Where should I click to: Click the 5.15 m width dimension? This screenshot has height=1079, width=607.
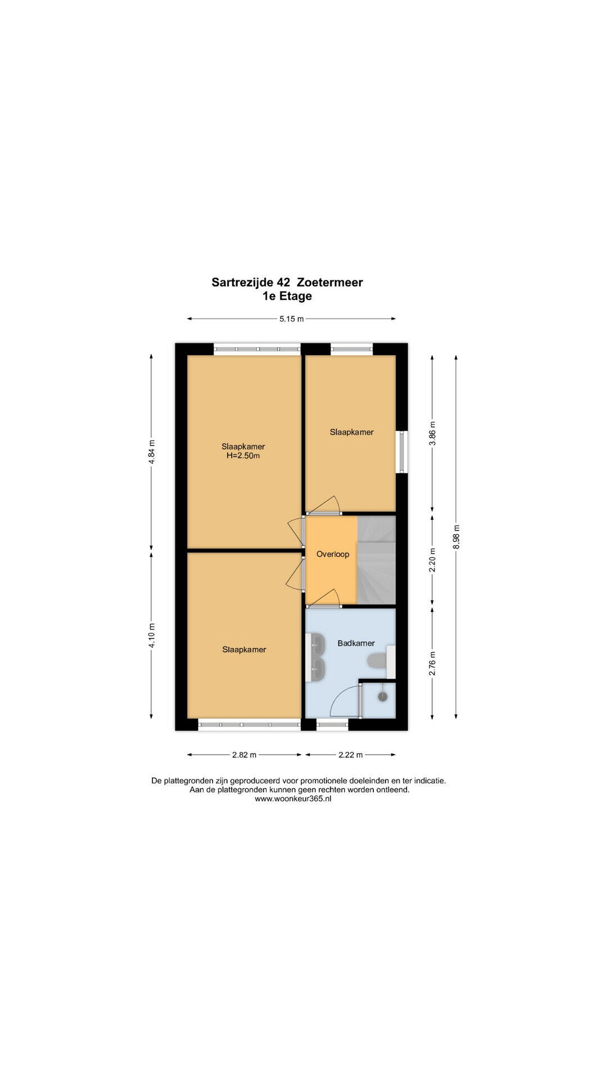pyautogui.click(x=292, y=319)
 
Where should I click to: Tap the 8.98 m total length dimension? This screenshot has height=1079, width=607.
pyautogui.click(x=456, y=537)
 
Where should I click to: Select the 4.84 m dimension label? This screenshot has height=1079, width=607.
pyautogui.click(x=152, y=452)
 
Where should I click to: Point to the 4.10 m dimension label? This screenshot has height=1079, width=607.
pyautogui.click(x=152, y=636)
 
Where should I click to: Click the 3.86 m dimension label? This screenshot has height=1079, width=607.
pyautogui.click(x=432, y=433)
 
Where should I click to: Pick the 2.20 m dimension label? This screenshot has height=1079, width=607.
pyautogui.click(x=432, y=560)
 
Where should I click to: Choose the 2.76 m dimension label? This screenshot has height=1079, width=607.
pyautogui.click(x=432, y=663)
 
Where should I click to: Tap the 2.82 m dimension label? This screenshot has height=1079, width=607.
pyautogui.click(x=244, y=755)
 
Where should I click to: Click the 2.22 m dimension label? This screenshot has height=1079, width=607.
pyautogui.click(x=350, y=755)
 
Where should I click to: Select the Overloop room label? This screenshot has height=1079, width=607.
pyautogui.click(x=333, y=554)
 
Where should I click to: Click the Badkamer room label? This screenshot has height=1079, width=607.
pyautogui.click(x=356, y=643)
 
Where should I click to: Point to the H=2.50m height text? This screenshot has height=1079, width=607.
pyautogui.click(x=243, y=456)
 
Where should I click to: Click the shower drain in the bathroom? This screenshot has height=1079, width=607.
pyautogui.click(x=383, y=697)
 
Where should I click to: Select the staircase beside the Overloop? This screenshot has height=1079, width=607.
pyautogui.click(x=377, y=560)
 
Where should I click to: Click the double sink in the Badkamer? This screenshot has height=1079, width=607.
pyautogui.click(x=318, y=657)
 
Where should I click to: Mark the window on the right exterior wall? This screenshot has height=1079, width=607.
pyautogui.click(x=401, y=452)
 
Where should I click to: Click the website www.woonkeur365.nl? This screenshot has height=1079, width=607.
pyautogui.click(x=293, y=799)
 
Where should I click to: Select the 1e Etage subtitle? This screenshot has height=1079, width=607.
pyautogui.click(x=287, y=296)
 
